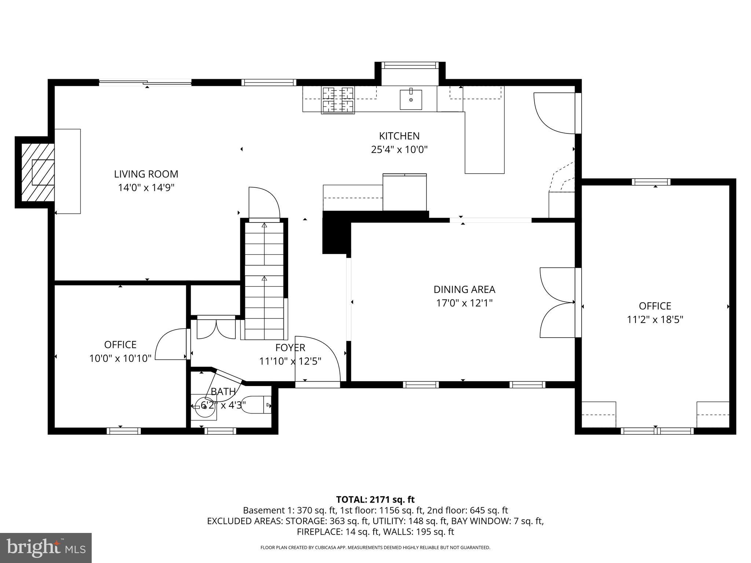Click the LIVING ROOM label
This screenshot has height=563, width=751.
point(146,174)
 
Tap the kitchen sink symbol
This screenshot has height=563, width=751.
point(411,99)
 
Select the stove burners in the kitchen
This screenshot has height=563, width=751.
point(338,100)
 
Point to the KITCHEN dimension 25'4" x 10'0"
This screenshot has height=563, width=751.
point(399,150)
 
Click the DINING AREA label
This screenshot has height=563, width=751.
point(464,290)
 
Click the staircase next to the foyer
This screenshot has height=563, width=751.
point(264,279)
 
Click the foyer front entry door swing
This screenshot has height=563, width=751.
point(318,359)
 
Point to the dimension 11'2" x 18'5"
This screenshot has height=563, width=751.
point(655,320)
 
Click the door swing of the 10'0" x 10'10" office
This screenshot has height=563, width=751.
point(171,345)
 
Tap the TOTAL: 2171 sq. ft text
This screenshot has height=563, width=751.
point(375,499)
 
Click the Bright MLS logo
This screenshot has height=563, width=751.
point(46,548)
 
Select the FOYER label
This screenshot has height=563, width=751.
point(290,347)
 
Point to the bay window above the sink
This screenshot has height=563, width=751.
point(410,66)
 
